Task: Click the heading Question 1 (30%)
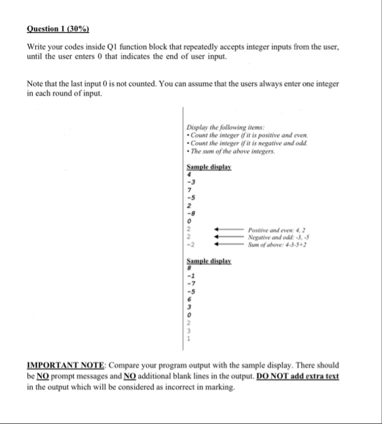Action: coord(58,29)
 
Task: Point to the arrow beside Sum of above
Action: coord(225,244)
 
